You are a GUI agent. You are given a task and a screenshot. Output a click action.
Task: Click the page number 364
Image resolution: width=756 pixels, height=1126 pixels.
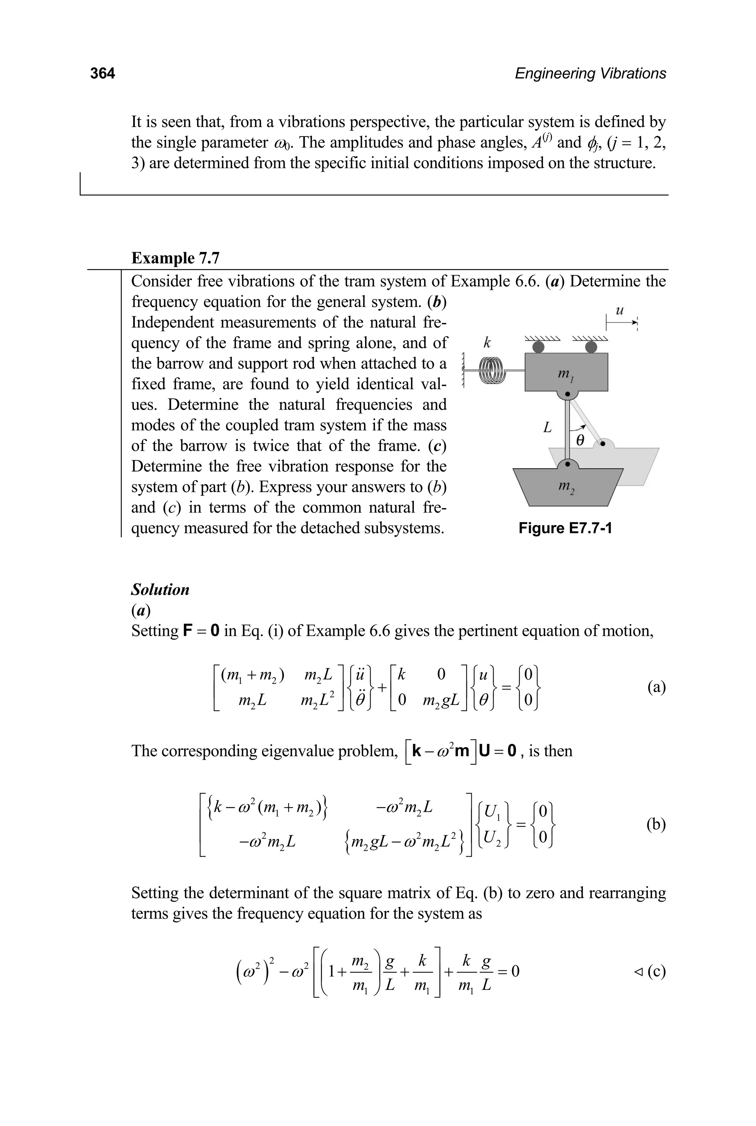[x=102, y=73]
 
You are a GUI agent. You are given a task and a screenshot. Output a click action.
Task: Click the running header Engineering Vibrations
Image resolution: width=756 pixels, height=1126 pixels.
[x=590, y=73]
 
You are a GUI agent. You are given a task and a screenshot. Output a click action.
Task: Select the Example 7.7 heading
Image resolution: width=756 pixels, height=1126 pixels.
[x=175, y=258]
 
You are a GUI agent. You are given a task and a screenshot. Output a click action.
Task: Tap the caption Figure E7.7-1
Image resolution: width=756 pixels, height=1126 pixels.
[x=565, y=528]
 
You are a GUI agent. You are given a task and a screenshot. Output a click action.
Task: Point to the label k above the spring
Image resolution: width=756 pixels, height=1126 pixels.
[x=487, y=343]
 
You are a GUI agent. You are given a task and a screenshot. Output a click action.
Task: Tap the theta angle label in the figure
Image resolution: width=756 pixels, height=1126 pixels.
[x=580, y=440]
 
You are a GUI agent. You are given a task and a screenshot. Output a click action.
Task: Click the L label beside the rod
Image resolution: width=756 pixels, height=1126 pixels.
[x=547, y=427]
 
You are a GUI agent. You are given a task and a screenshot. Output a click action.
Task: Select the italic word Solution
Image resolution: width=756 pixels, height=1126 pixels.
[x=160, y=589]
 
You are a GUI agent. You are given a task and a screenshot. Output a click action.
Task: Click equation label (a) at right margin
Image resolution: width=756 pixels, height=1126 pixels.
[x=656, y=686]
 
